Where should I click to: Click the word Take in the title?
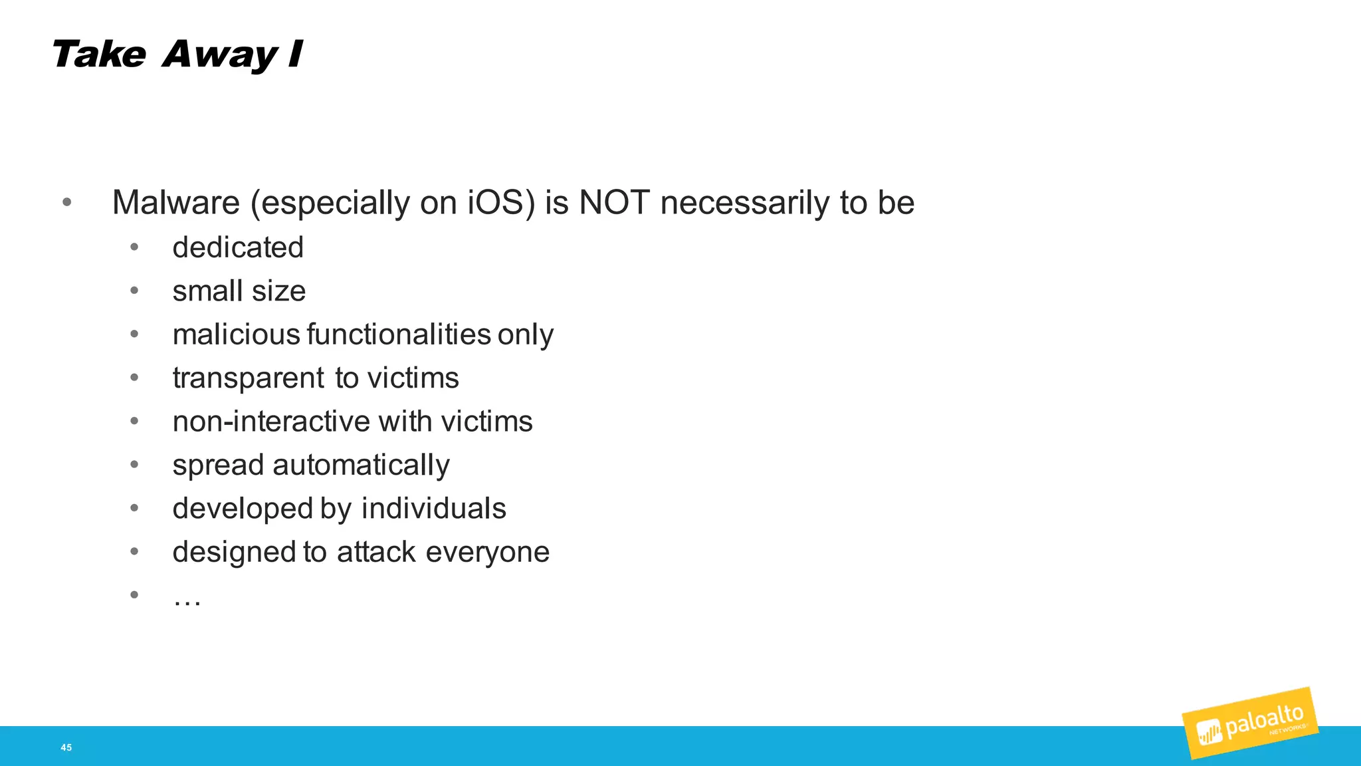coord(98,55)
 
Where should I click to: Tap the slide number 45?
coord(66,747)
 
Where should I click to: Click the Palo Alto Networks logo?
coord(1250,723)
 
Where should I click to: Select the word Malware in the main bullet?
coord(175,202)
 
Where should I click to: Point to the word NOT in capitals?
coord(613,202)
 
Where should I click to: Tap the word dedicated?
coord(238,247)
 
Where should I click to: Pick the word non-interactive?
coord(271,421)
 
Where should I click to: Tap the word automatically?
coord(361,465)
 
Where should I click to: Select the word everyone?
coord(487,553)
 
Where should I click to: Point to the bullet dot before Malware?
coord(66,202)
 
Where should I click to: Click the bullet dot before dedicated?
coord(134,247)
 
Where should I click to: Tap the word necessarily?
coord(744,203)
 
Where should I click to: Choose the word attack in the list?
coord(376,552)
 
